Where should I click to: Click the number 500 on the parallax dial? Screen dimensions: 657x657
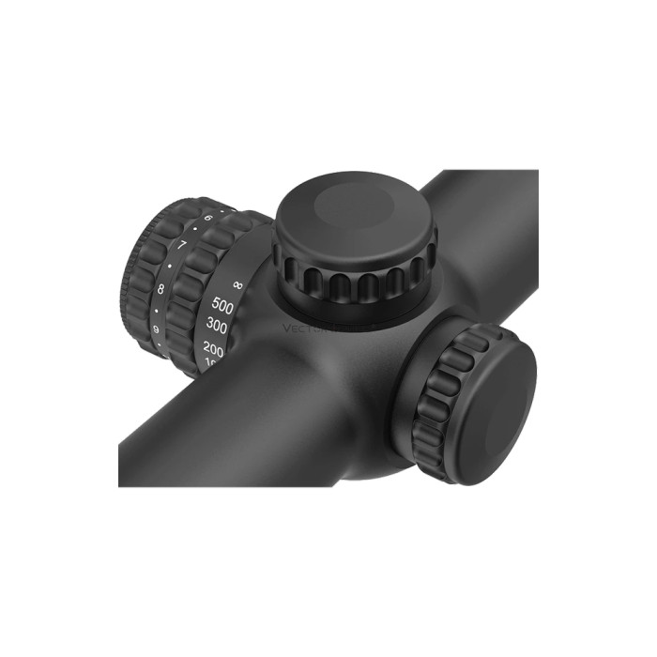[222, 305]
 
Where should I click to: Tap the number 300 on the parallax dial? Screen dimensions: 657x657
[217, 326]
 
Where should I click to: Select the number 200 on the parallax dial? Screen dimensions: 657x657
[213, 348]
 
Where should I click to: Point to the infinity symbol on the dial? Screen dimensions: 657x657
[237, 283]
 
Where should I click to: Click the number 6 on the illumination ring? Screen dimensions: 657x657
[207, 219]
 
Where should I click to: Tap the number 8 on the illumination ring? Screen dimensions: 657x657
[161, 289]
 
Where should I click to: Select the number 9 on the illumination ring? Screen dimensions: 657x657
[155, 329]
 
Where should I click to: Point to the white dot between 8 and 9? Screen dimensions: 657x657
[157, 310]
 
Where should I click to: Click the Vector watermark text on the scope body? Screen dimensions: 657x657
[310, 328]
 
